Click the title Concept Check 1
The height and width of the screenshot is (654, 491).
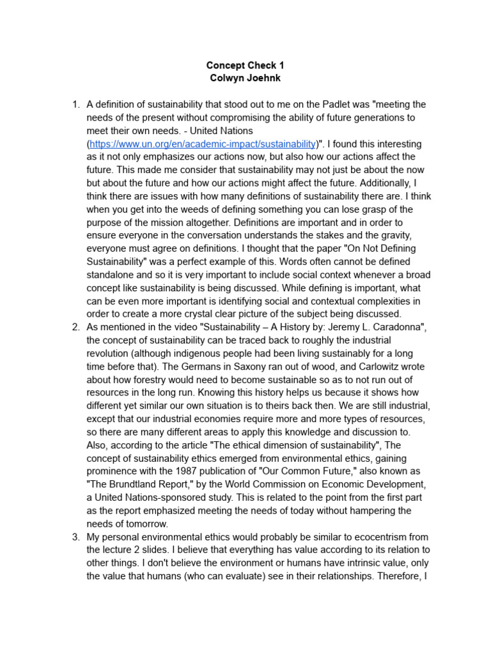pos(245,65)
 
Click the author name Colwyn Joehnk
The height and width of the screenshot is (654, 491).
pos(245,79)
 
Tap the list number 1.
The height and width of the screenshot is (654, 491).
pos(75,105)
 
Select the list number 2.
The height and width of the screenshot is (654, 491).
pos(75,327)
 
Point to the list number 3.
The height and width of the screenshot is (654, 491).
pos(75,536)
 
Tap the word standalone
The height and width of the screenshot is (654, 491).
pos(111,275)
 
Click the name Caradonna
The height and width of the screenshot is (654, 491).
pos(394,327)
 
